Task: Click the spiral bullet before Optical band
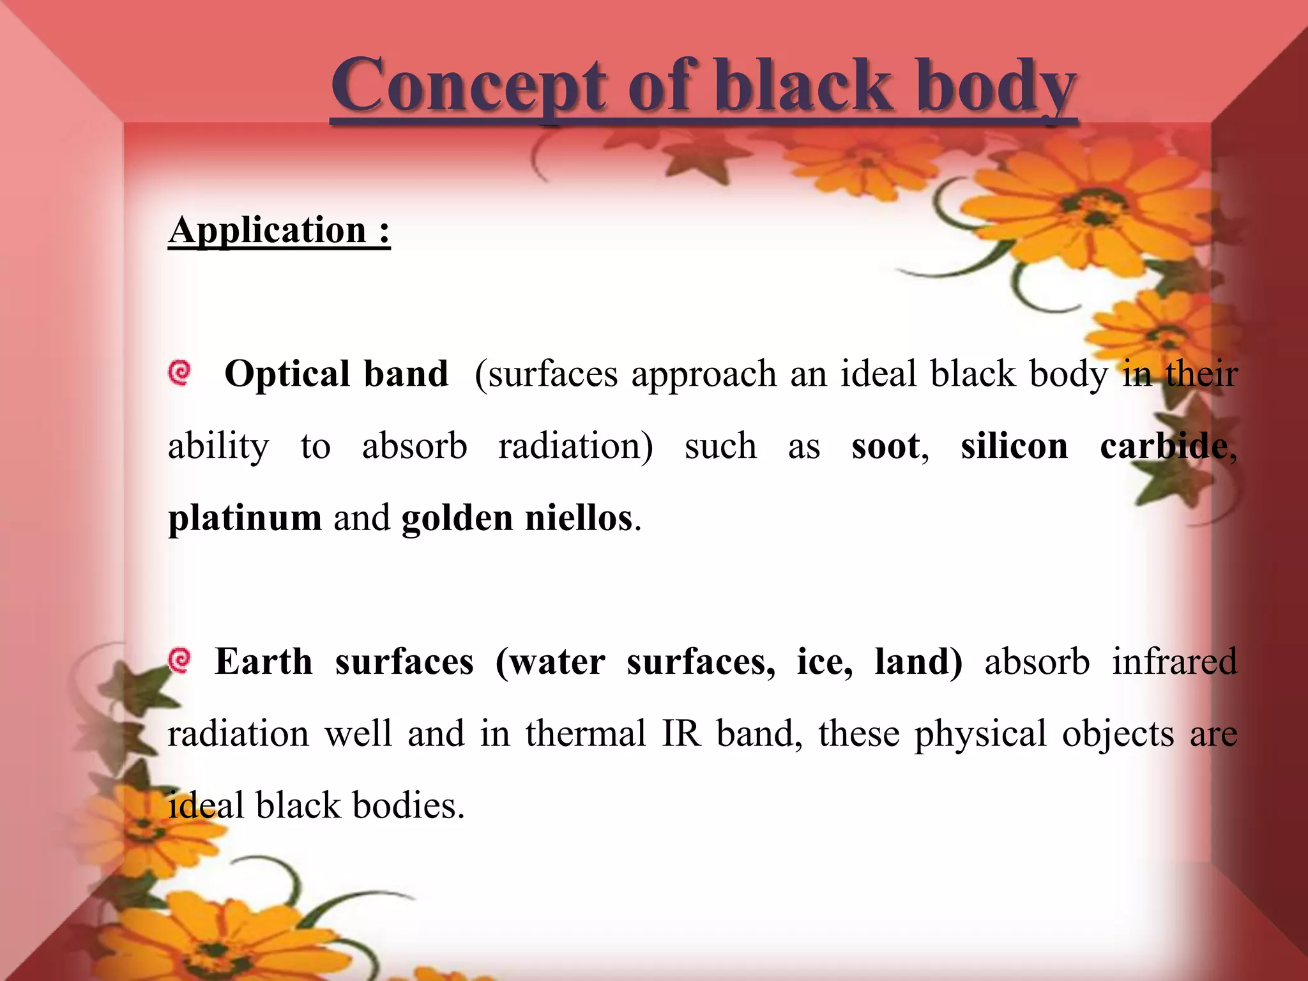tap(180, 372)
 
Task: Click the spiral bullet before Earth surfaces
tap(180, 660)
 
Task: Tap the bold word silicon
tap(1014, 446)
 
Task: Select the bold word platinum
tap(245, 518)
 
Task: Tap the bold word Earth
tap(264, 662)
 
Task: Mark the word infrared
tap(1174, 662)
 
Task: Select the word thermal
tap(586, 734)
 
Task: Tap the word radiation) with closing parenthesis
tap(575, 446)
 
